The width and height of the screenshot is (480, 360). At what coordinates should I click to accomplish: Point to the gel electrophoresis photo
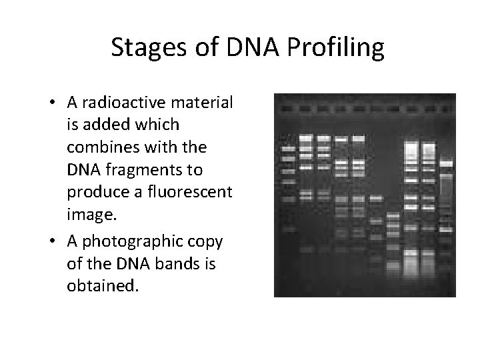[x=365, y=195]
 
